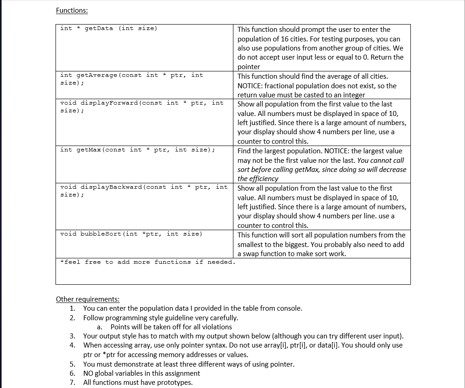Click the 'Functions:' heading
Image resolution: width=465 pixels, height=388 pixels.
tap(72, 10)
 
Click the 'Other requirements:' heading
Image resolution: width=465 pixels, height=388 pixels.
tap(88, 299)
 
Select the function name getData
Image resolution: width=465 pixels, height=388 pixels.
tap(99, 28)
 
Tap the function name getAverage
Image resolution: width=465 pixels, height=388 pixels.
tap(97, 75)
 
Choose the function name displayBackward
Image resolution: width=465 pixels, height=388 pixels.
tap(111, 187)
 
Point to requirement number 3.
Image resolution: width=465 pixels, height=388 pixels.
tap(72, 336)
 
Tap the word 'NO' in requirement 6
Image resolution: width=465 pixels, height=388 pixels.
tap(89, 373)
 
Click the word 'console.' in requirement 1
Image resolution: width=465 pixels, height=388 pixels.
tap(289, 308)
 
